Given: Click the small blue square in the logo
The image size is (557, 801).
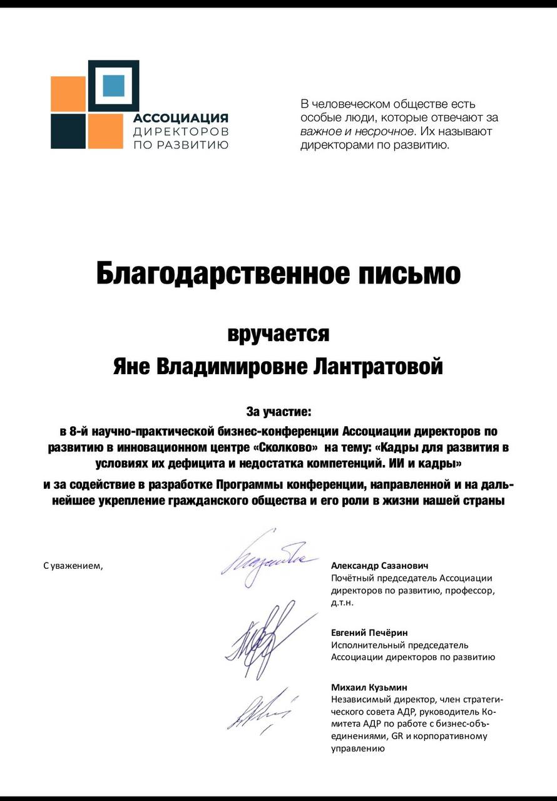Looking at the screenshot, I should click(113, 86).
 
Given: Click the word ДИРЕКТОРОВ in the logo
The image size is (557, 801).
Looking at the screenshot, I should click(180, 131).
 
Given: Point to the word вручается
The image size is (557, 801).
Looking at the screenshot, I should click(278, 334).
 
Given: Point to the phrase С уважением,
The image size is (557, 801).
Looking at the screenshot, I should click(72, 566).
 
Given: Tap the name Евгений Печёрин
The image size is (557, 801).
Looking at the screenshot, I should click(369, 633).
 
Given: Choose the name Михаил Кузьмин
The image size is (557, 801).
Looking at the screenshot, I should click(369, 687).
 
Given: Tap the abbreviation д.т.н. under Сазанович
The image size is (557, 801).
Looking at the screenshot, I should click(342, 603).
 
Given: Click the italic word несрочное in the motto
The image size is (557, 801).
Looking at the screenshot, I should click(384, 131).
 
